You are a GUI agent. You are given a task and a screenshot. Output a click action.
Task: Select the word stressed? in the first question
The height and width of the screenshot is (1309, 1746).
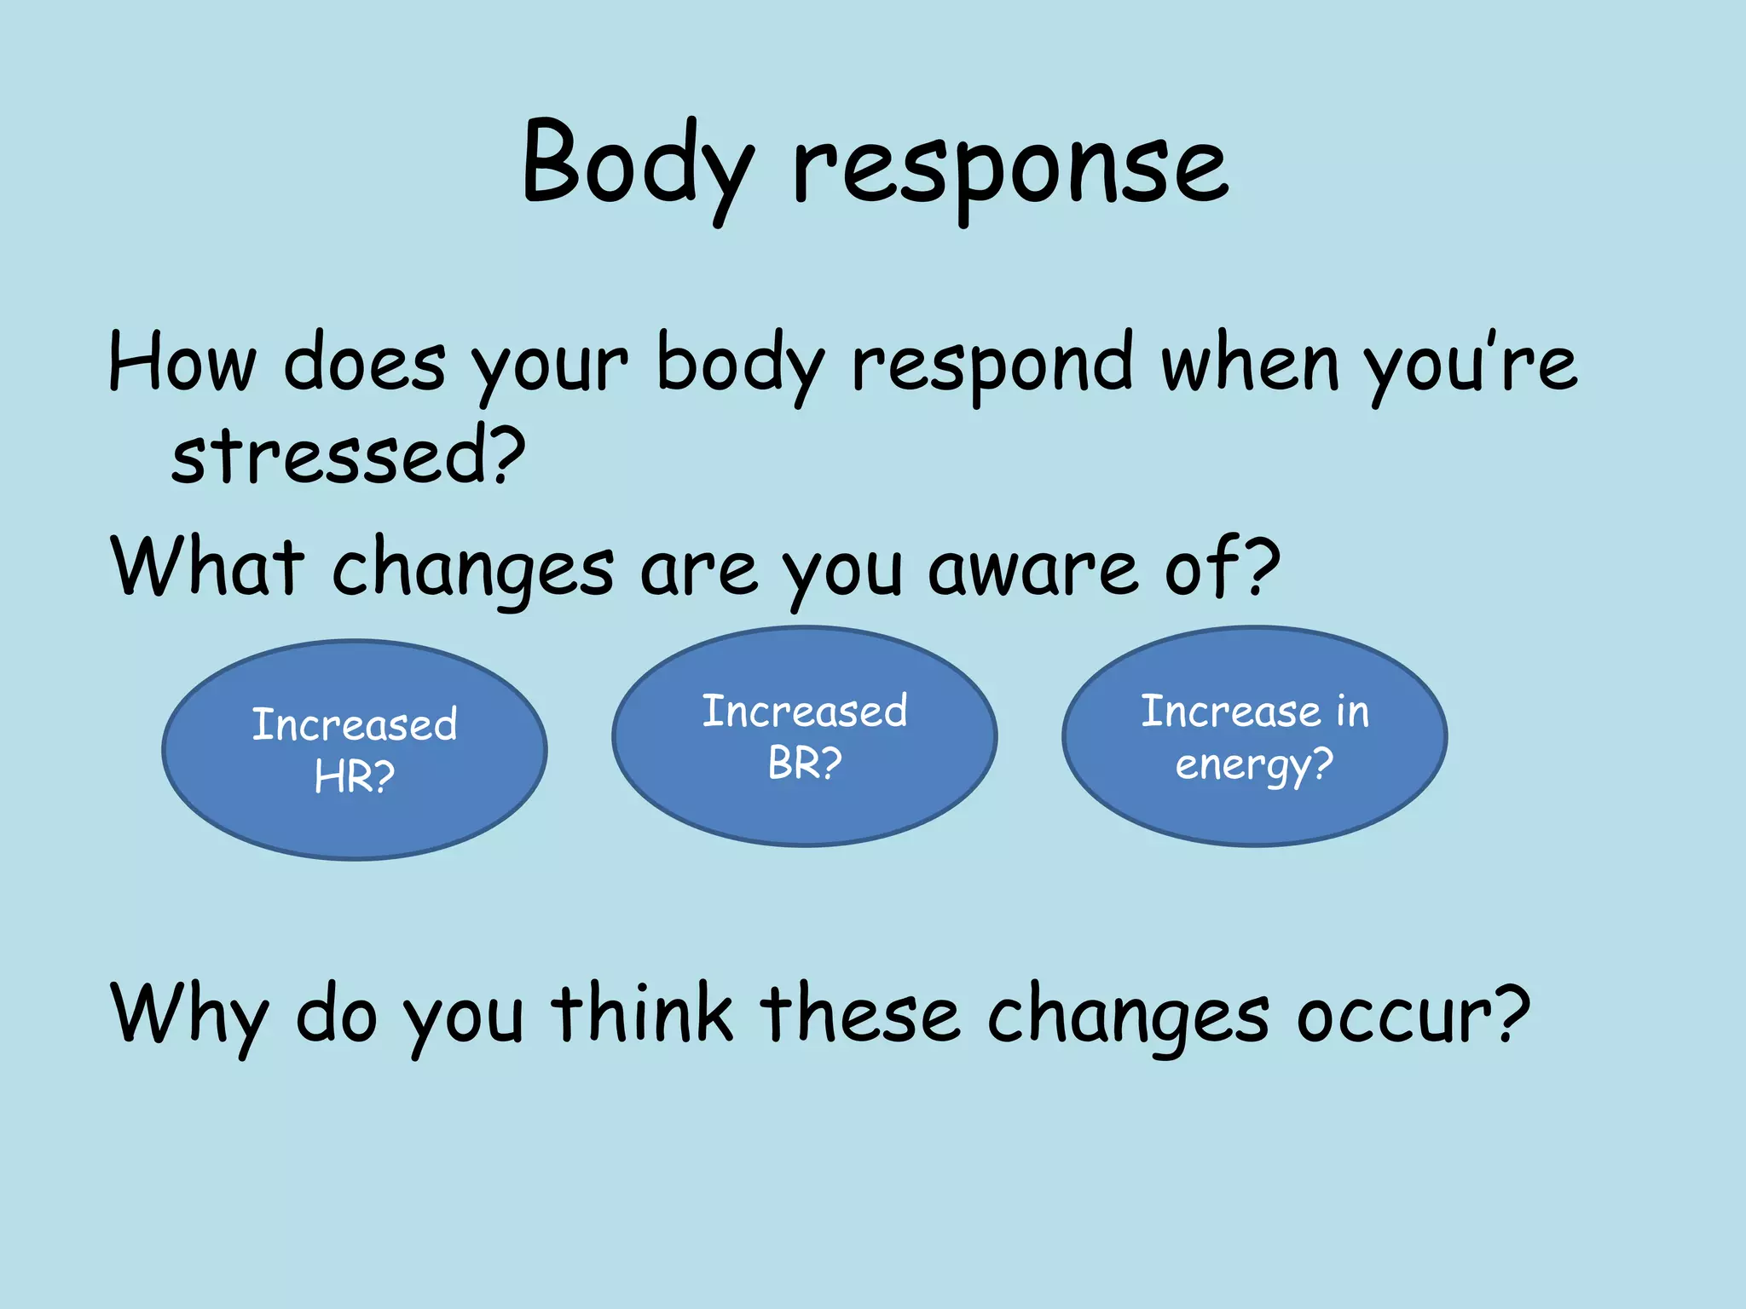(x=348, y=456)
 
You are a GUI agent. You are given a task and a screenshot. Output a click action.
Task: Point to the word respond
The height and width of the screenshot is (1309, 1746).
(x=992, y=366)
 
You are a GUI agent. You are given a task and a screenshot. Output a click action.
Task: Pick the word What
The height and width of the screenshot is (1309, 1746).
(x=207, y=567)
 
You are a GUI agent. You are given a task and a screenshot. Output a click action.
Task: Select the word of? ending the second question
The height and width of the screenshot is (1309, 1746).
(x=1223, y=567)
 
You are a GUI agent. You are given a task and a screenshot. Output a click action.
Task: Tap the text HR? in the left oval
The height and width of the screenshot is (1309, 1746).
(x=355, y=776)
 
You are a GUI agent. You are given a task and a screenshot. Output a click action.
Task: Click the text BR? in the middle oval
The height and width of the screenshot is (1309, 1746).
(x=805, y=763)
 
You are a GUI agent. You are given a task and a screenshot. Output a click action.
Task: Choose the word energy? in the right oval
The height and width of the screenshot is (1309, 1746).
(x=1254, y=764)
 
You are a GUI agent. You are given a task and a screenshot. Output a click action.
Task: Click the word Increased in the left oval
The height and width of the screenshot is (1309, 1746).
(x=355, y=724)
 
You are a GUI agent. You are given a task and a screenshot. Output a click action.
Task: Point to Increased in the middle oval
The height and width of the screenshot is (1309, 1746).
(x=805, y=711)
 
